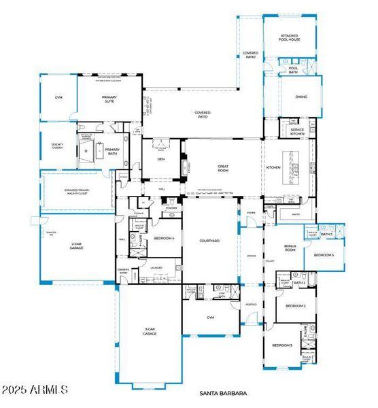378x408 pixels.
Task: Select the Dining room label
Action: [301, 97]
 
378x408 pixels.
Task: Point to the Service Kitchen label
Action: [297, 131]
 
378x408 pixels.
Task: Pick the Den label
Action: [161, 159]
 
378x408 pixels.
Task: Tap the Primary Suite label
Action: [109, 99]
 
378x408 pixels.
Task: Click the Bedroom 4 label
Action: [165, 238]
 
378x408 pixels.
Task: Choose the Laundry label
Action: [157, 268]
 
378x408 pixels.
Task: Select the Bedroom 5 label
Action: [323, 255]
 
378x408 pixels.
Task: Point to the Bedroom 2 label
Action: [295, 306]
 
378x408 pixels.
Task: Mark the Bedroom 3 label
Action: [282, 345]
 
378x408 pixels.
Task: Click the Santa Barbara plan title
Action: [223, 393]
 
